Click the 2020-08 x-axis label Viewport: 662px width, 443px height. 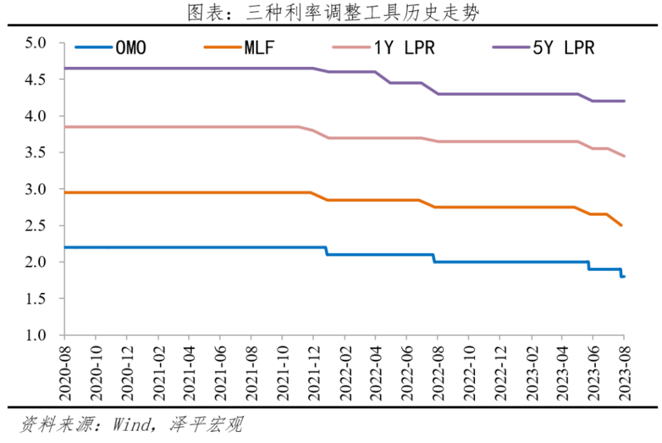pos(64,373)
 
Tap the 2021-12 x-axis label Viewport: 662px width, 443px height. pos(312,373)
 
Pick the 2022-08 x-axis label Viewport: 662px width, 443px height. pos(437,373)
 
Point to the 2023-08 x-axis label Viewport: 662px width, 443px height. pos(623,373)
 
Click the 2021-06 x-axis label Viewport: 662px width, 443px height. pos(219,373)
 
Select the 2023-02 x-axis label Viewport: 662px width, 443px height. pos(530,373)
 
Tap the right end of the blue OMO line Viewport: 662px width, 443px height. pos(624,276)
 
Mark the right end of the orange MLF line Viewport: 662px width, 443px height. pos(621,225)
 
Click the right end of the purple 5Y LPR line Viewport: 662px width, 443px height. pos(624,101)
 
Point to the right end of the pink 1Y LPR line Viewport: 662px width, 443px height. pos(624,156)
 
